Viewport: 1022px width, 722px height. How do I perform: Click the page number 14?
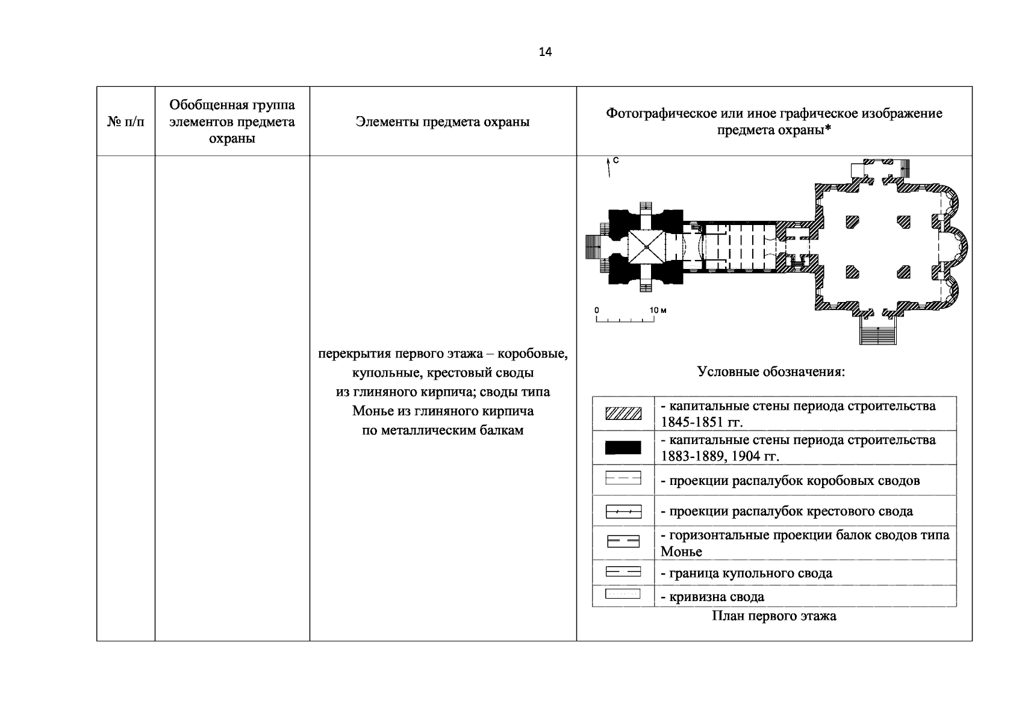(544, 52)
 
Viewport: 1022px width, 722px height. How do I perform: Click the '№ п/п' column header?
(126, 122)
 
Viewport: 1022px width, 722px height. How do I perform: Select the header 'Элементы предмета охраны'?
(443, 122)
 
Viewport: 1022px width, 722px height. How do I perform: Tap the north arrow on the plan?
(609, 168)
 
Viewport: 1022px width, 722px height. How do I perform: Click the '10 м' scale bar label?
(658, 310)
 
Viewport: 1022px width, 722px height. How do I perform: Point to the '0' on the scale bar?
(597, 310)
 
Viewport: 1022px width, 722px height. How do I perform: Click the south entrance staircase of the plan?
(878, 331)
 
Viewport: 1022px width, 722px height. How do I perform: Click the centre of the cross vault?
(646, 247)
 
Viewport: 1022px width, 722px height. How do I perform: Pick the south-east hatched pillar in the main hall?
(903, 272)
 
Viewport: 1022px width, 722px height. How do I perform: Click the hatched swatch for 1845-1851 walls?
(623, 413)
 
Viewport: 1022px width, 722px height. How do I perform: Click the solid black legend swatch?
(623, 448)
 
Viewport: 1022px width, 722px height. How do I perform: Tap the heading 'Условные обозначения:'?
(771, 371)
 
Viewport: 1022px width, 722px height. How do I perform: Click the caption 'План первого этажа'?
(774, 616)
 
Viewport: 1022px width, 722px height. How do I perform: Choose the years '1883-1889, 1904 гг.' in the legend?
(720, 456)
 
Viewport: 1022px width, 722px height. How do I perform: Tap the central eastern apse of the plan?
(955, 247)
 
